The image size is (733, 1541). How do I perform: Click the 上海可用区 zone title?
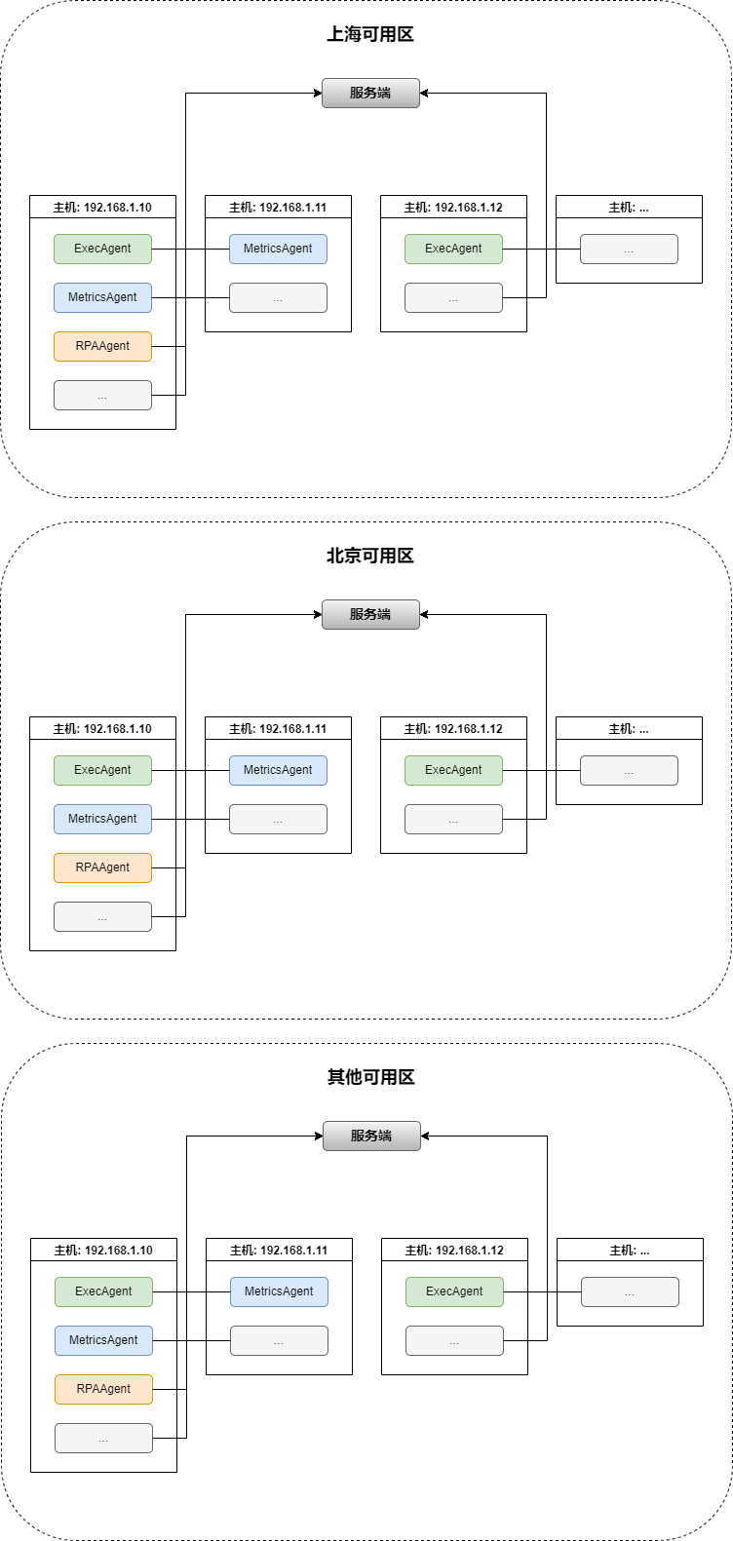tap(370, 35)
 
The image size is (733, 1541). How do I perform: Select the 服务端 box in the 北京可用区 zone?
tap(370, 614)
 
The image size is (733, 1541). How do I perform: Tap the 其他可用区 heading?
tap(371, 1077)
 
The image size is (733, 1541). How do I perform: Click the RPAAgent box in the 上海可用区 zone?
tap(102, 346)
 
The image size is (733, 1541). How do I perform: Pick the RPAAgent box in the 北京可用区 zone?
tap(102, 867)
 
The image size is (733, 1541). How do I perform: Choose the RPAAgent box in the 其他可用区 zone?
tap(103, 1389)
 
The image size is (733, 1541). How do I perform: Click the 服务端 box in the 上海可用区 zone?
tap(370, 93)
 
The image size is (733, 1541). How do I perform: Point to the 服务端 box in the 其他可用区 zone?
tap(371, 1136)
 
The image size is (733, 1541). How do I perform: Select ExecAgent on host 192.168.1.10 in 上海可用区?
tap(102, 249)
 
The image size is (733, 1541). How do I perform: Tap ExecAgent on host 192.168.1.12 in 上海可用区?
tap(453, 249)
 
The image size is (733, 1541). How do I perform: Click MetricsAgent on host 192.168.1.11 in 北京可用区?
tap(278, 770)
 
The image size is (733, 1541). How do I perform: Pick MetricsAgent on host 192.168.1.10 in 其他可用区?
tap(103, 1340)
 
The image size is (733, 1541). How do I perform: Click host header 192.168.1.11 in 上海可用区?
tap(278, 207)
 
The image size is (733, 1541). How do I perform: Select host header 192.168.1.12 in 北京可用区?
tap(453, 728)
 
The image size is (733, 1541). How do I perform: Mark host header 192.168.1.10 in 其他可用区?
tap(103, 1250)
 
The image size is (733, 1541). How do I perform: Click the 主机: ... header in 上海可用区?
tap(629, 207)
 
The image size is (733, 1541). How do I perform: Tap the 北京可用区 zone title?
tap(370, 556)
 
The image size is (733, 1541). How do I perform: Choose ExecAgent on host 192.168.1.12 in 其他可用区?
tap(454, 1291)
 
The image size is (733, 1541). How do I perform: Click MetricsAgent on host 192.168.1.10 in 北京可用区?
tap(102, 819)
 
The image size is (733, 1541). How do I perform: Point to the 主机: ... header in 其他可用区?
tap(630, 1250)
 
